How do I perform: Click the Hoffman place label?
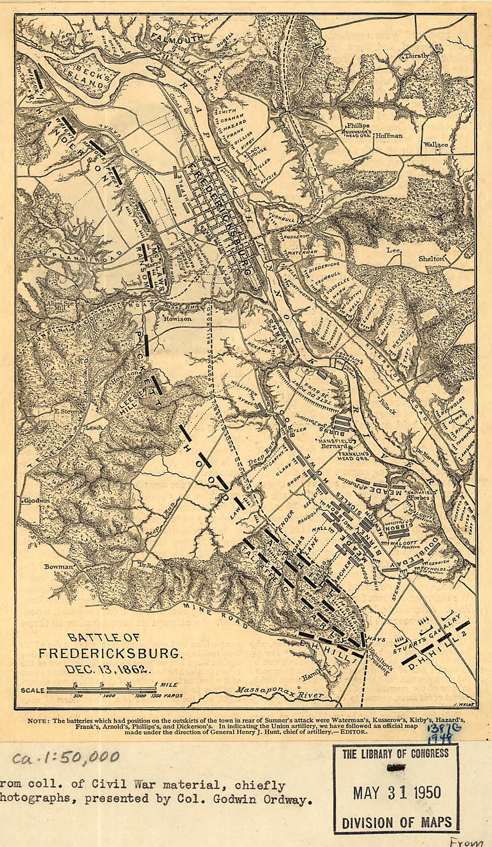[389, 135]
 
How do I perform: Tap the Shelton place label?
[431, 259]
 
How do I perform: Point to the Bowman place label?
[58, 567]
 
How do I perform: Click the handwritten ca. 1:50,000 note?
[66, 757]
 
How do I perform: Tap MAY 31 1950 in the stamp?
[396, 793]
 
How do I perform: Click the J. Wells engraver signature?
[462, 703]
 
